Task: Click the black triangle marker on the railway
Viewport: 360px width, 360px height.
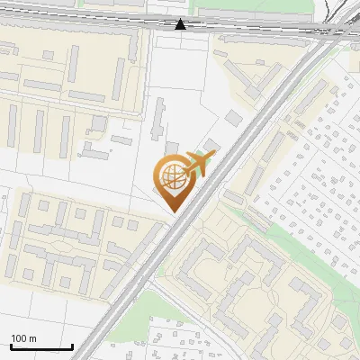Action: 181,24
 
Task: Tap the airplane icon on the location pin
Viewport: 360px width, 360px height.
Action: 199,164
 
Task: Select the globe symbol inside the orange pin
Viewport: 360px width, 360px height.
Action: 170,176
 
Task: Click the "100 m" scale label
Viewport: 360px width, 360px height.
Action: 23,338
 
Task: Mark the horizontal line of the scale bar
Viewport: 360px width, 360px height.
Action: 41,347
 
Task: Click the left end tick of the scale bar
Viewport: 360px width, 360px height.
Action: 11,346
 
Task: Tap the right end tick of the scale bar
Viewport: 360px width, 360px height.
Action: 72,346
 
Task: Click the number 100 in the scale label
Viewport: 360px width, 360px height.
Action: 19,338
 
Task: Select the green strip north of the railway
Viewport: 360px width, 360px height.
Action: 261,13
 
